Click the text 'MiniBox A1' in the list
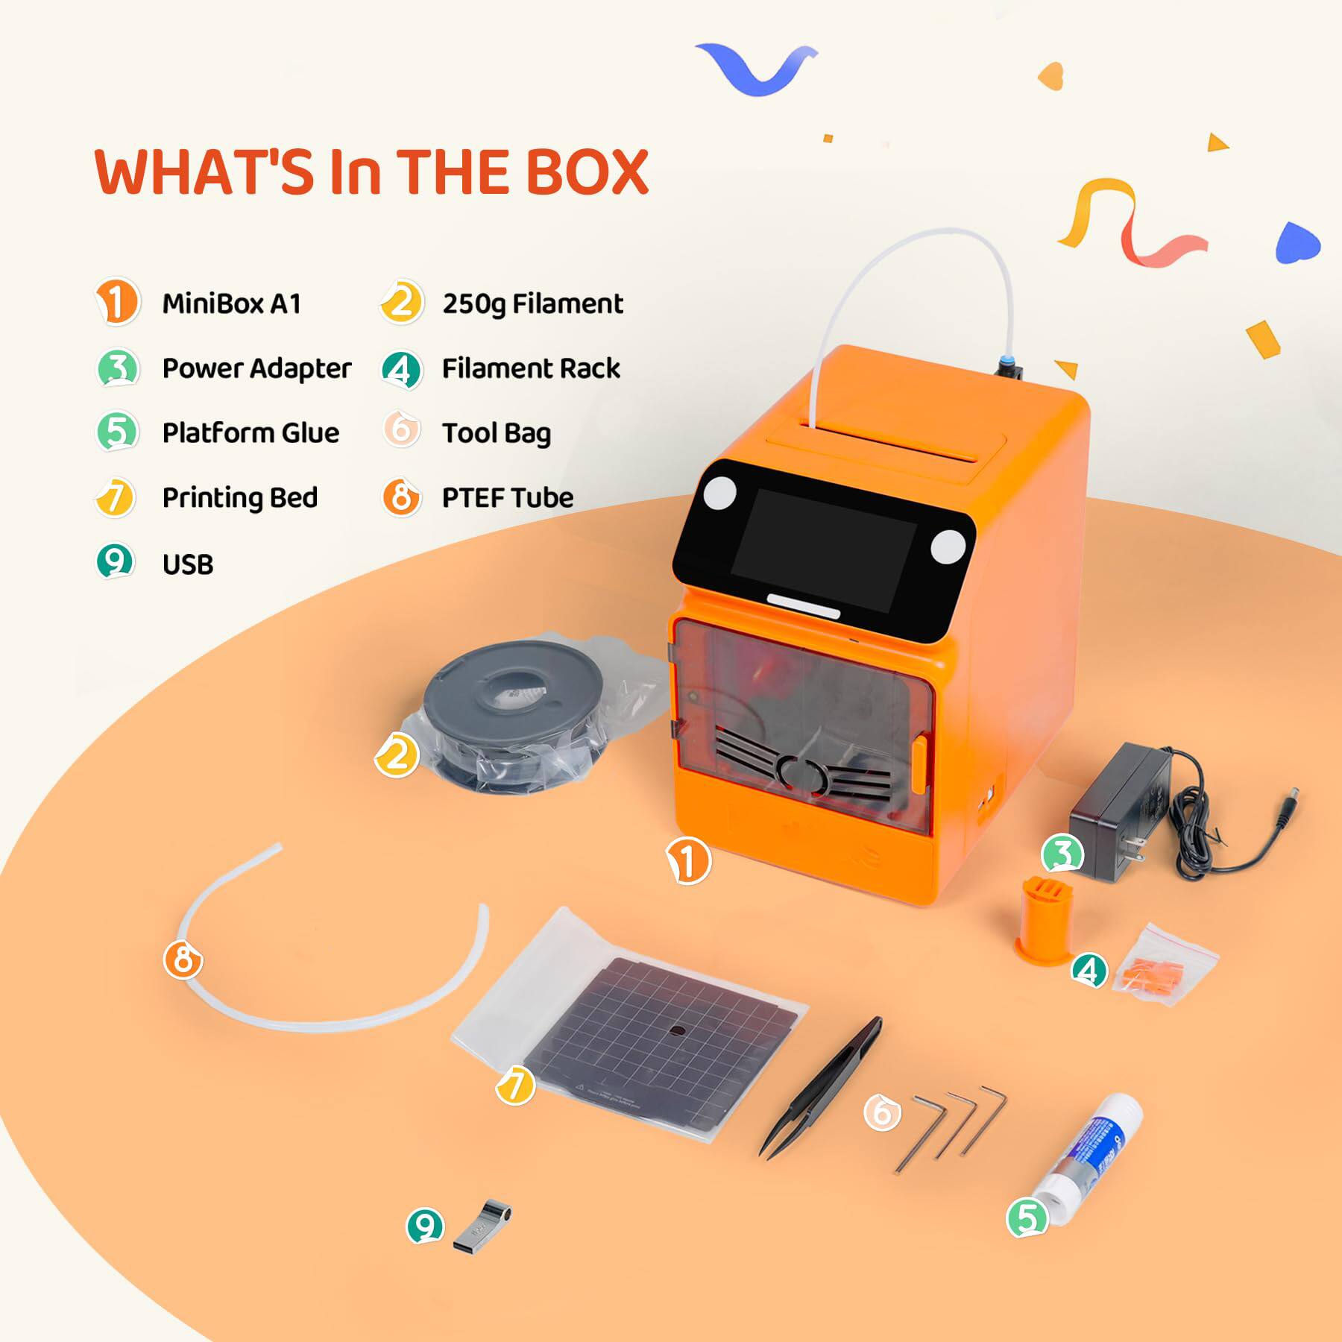click(x=232, y=303)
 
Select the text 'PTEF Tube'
click(x=508, y=497)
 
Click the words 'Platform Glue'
click(x=251, y=432)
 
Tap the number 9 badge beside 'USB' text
click(x=115, y=562)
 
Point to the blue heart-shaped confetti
click(x=1297, y=243)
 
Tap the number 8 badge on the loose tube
click(x=183, y=960)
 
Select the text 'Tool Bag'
click(x=496, y=432)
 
